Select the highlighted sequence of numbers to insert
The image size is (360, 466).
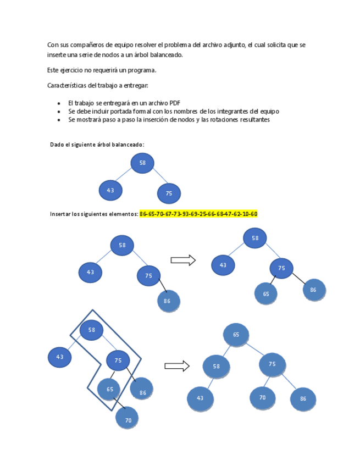pos(198,214)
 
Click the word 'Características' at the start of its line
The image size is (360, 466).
pos(67,85)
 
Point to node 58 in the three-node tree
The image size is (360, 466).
pos(142,163)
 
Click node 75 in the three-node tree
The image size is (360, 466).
pos(169,193)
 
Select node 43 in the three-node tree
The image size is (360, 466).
pos(110,190)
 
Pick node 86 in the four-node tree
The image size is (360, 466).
pos(168,301)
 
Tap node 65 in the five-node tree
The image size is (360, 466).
pos(266,293)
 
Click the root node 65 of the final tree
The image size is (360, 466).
pos(236,335)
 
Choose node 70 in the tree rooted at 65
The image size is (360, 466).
pos(262,397)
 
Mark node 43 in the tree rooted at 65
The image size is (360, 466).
pos(200,398)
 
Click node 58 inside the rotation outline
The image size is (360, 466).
pos(92,330)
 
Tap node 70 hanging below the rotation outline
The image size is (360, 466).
pos(128,419)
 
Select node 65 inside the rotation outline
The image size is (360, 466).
pos(109,389)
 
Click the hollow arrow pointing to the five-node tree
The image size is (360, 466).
pos(183,260)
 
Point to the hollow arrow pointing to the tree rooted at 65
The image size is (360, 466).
pos(176,365)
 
